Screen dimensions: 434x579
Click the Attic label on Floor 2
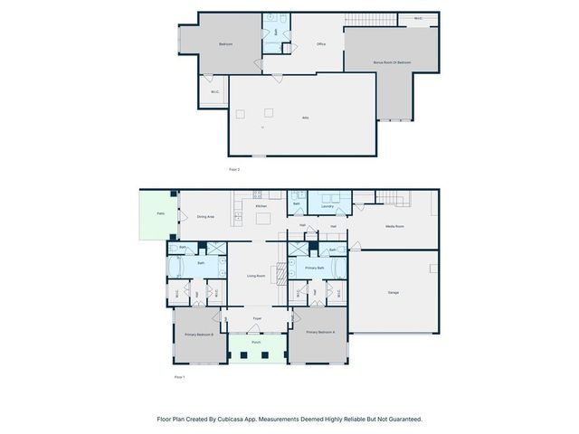[305, 118]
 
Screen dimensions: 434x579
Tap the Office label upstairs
[320, 43]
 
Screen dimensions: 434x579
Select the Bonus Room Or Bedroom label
[392, 62]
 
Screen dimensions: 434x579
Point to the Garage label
[393, 292]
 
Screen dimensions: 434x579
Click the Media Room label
[394, 226]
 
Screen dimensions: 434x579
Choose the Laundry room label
[327, 206]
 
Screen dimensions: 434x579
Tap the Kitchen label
[261, 206]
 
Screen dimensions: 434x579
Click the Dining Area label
[205, 216]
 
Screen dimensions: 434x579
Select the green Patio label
[160, 214]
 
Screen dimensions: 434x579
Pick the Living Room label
[256, 276]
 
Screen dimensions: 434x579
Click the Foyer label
[257, 319]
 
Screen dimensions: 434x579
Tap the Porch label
[257, 344]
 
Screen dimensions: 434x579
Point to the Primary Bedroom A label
[320, 333]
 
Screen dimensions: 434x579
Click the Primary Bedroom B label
[199, 335]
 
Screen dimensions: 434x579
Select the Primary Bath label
[314, 269]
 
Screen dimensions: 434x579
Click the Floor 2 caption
[233, 169]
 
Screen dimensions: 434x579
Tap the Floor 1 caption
[179, 376]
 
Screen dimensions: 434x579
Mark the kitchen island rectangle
[261, 218]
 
